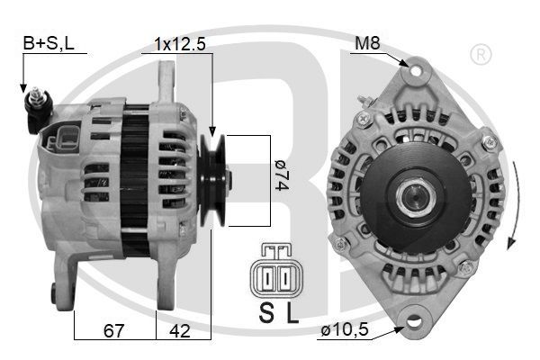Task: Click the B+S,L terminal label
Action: point(49,43)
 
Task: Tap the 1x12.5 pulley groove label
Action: point(180,44)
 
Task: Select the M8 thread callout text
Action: point(367,43)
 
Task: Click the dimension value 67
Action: point(113,330)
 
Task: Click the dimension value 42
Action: point(180,330)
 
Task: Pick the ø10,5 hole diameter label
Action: point(345,330)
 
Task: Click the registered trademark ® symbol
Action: point(481,54)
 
